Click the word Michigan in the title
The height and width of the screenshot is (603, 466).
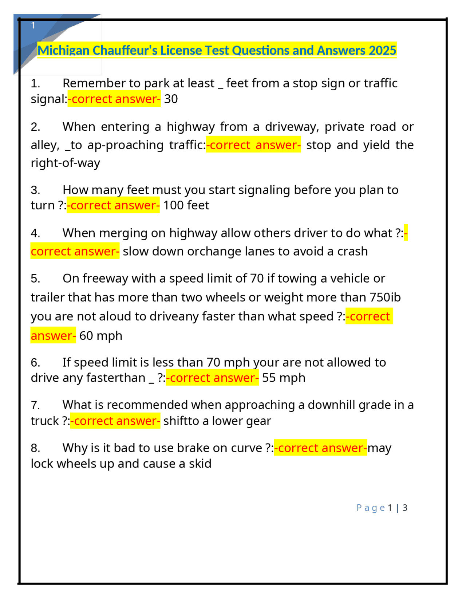click(x=63, y=50)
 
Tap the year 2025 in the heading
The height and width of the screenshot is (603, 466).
click(x=382, y=50)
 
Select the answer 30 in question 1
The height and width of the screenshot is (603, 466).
click(x=171, y=99)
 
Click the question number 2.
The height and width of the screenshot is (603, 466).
click(x=35, y=127)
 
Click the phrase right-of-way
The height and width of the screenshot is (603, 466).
click(x=65, y=163)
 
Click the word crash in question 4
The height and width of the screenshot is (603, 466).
click(x=352, y=251)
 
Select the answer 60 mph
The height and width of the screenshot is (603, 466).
click(x=100, y=336)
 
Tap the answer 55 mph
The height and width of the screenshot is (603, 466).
click(x=284, y=378)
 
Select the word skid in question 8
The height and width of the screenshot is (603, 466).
click(x=200, y=464)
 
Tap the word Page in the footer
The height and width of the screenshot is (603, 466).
click(x=370, y=508)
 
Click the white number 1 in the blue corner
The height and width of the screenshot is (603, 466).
click(x=33, y=25)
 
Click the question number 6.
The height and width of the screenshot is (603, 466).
click(x=35, y=363)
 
